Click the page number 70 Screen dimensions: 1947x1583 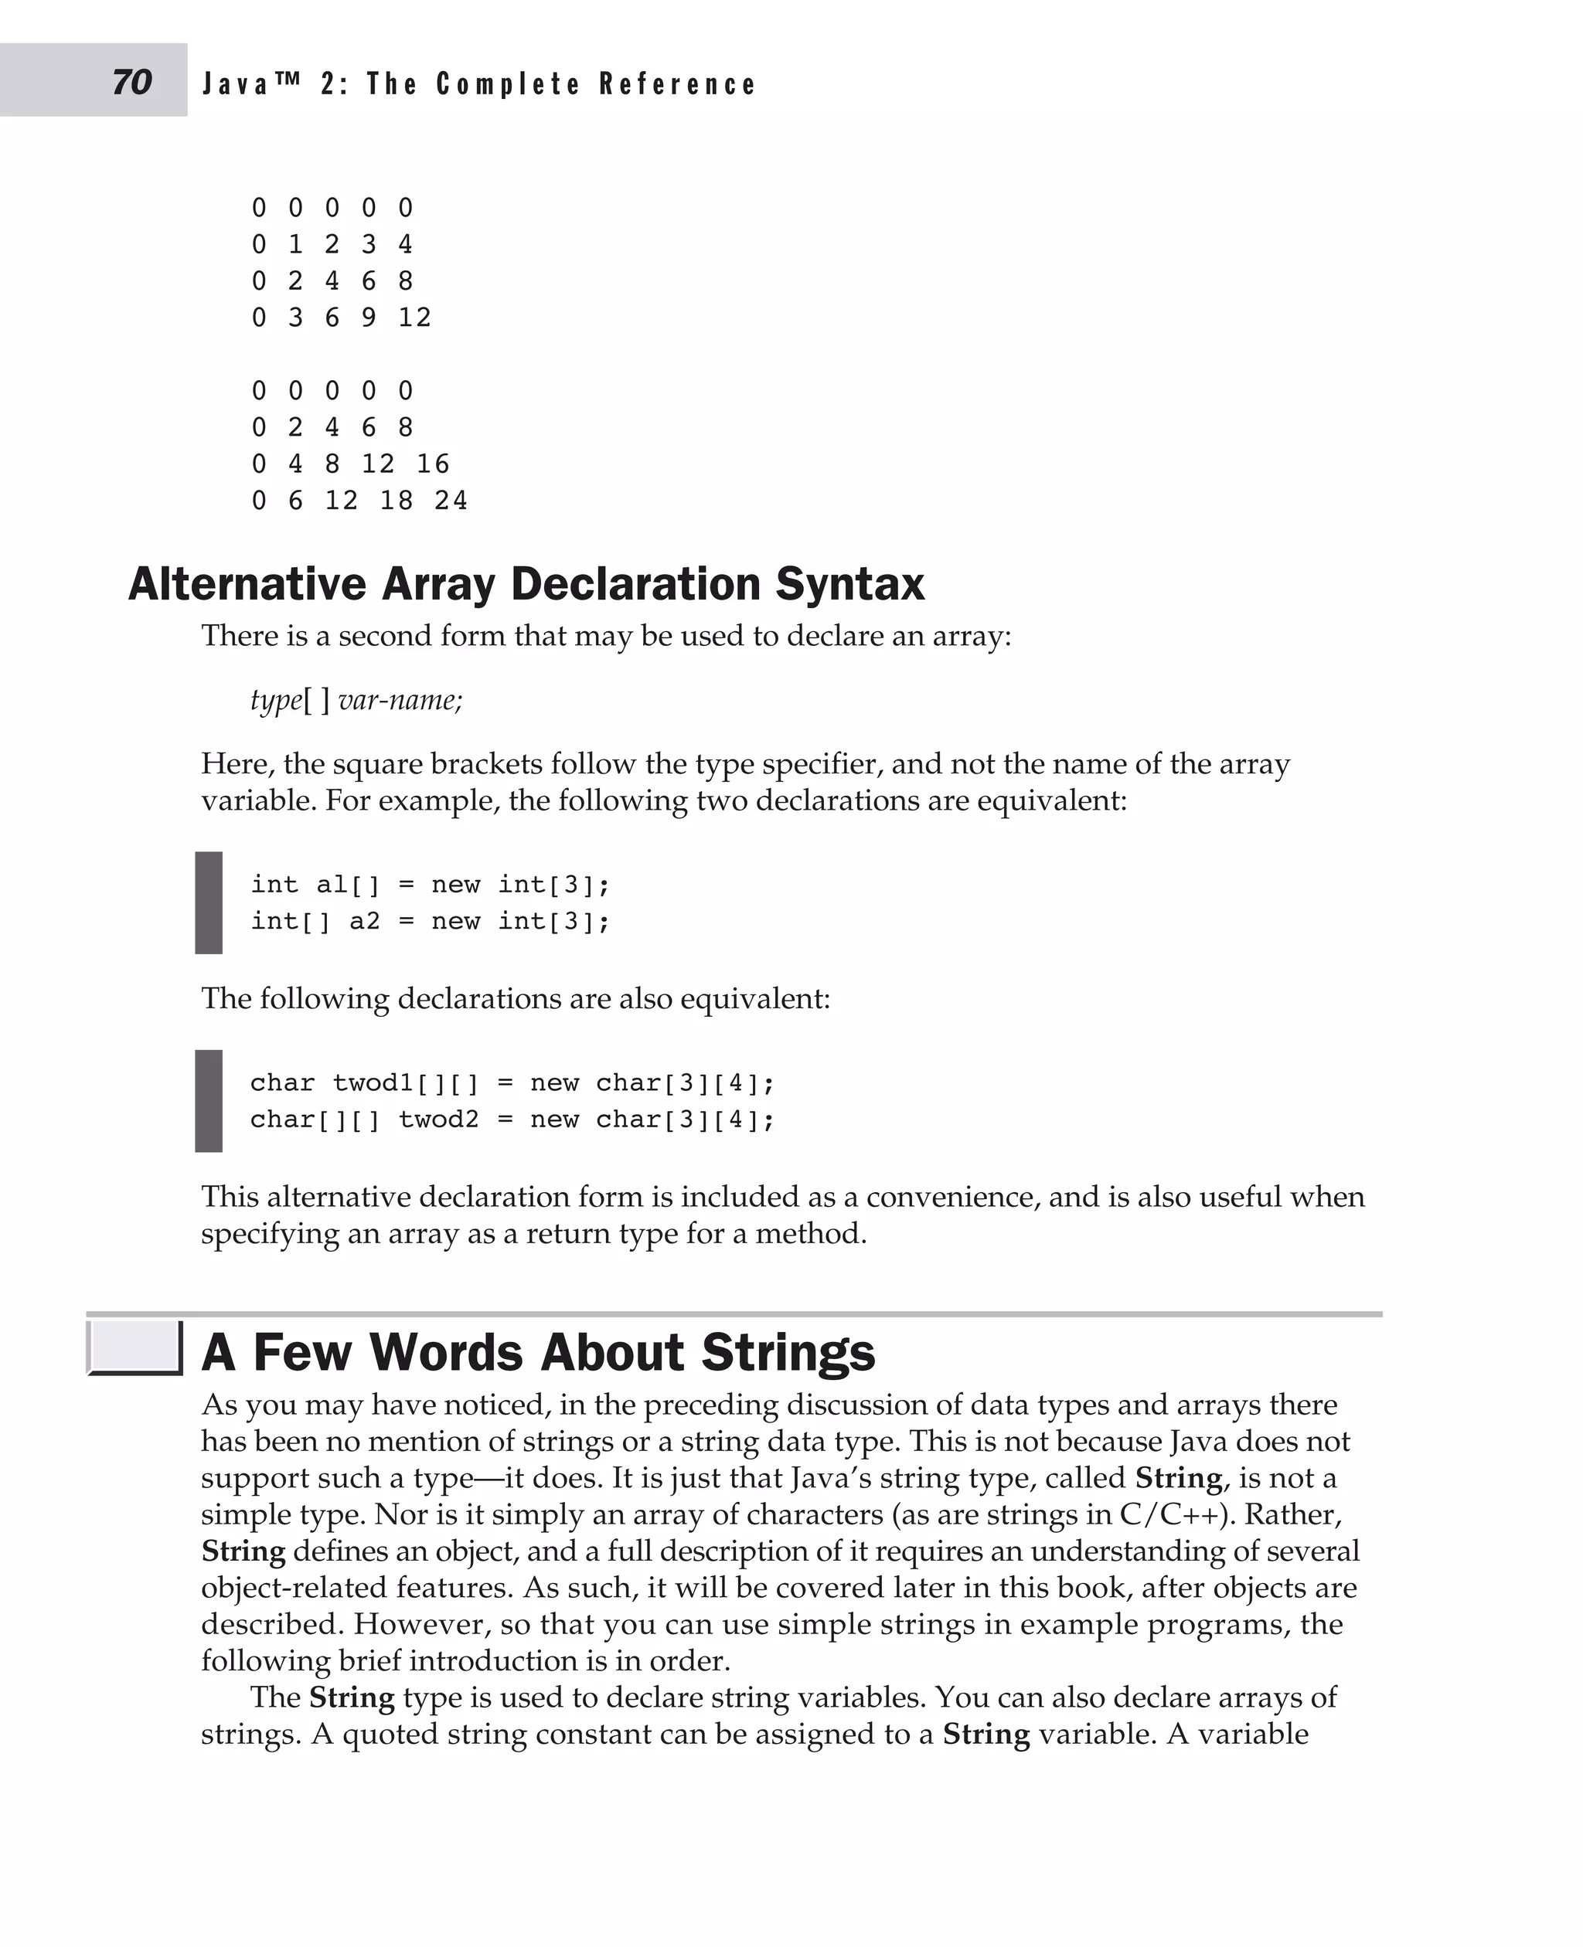pos(132,82)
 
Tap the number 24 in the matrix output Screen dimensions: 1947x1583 pos(451,501)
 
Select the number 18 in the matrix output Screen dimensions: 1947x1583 pos(396,501)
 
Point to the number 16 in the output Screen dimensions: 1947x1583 pos(432,464)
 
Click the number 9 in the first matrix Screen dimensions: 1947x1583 pos(369,318)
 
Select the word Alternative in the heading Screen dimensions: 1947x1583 pos(247,583)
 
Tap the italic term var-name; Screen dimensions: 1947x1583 pos(400,700)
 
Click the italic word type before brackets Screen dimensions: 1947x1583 pos(275,700)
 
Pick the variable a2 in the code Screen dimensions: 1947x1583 pos(365,921)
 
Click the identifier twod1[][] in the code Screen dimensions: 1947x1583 pos(405,1083)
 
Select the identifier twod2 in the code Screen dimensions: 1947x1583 pos(438,1120)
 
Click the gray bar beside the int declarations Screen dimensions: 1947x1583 pos(209,902)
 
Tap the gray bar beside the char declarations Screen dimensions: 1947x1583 pos(209,1100)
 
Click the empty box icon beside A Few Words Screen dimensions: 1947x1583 pos(134,1347)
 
